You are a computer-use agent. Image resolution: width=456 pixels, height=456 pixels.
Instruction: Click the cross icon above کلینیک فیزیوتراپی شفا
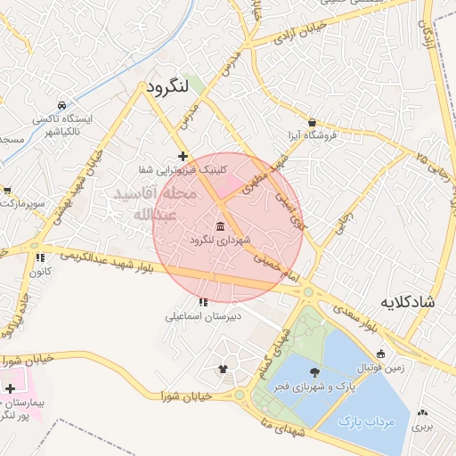point(183,156)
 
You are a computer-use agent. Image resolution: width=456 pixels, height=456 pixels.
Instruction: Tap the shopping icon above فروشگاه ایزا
point(312,122)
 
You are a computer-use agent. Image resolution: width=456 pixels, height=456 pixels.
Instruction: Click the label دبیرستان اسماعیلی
point(202,315)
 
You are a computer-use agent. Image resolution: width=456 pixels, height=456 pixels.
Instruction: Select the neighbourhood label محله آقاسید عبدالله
point(145,203)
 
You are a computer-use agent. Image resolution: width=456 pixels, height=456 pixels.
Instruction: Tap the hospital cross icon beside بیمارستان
point(10,390)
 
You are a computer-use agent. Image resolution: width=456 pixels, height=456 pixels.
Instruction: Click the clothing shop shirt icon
point(224,369)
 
